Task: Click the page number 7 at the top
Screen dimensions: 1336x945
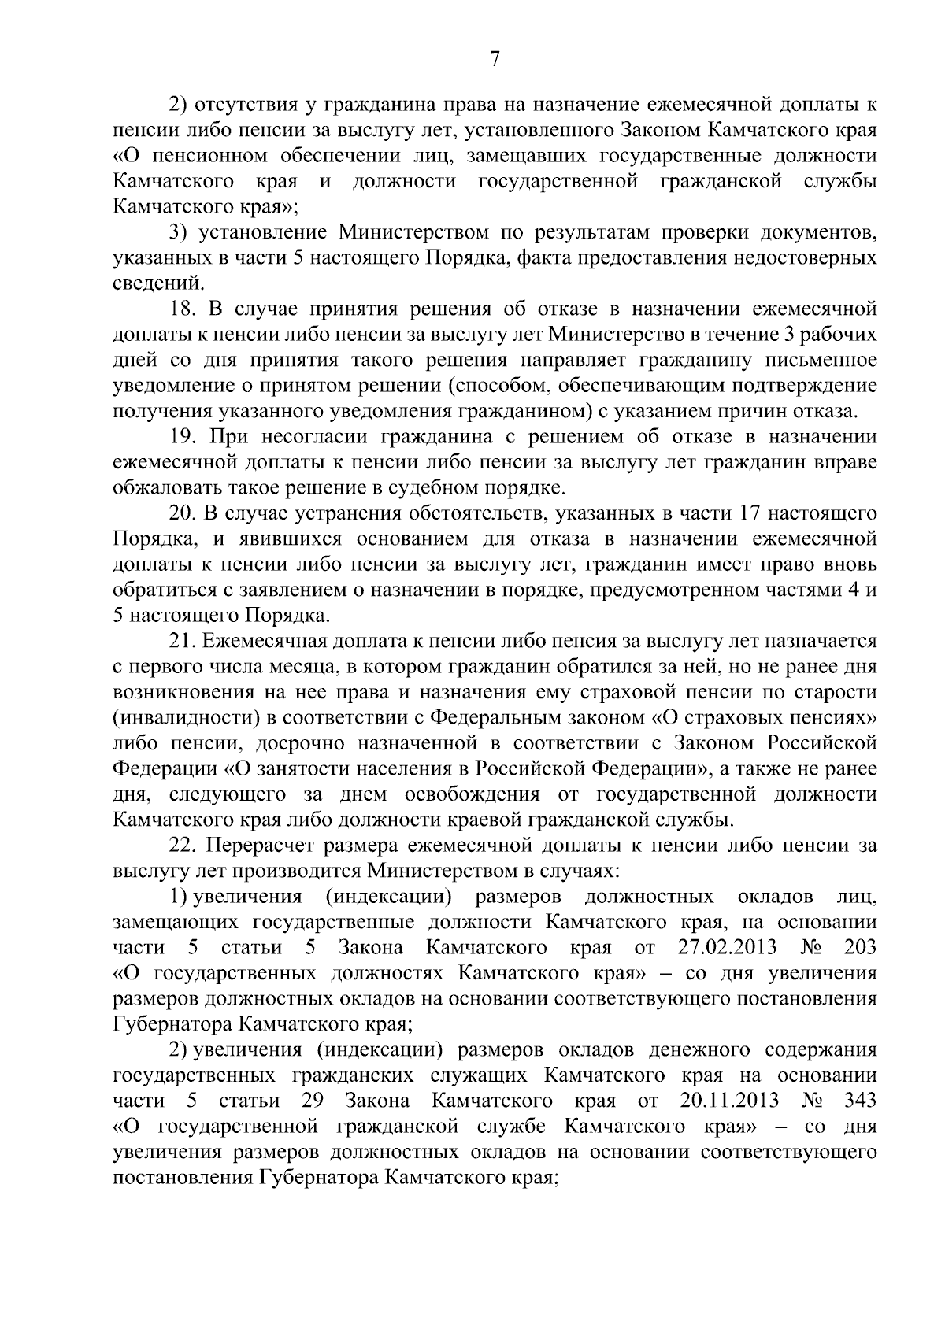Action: (495, 60)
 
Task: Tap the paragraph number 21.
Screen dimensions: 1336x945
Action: (183, 642)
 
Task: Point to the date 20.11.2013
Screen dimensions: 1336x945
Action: (728, 1100)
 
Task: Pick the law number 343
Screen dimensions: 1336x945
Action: (859, 1100)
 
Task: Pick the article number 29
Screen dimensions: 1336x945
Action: (314, 1100)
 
